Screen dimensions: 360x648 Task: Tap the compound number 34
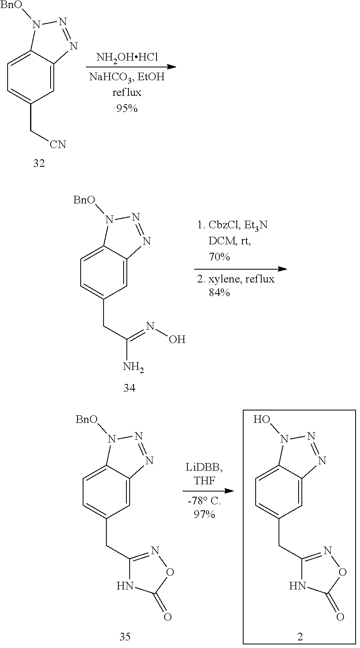point(129,388)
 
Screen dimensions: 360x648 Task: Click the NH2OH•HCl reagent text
point(127,57)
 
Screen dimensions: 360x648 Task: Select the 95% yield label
point(127,108)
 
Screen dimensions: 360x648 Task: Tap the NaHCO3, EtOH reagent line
point(127,77)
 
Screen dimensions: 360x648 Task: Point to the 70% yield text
point(219,257)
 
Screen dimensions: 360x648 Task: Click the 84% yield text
point(219,293)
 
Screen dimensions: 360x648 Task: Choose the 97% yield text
point(204,514)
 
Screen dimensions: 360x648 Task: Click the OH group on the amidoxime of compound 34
point(177,340)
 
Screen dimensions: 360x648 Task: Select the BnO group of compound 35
point(86,420)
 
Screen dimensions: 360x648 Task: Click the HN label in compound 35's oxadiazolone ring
point(125,586)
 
